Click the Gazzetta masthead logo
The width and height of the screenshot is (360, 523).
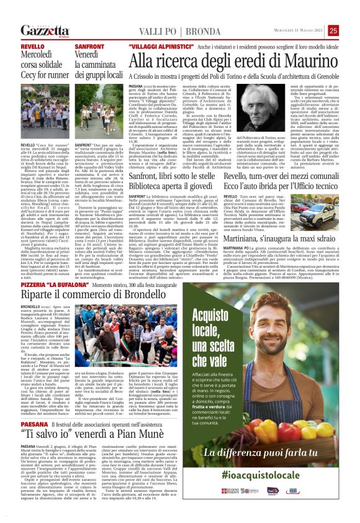(x=44, y=30)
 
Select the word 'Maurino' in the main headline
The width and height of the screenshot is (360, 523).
(x=302, y=61)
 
